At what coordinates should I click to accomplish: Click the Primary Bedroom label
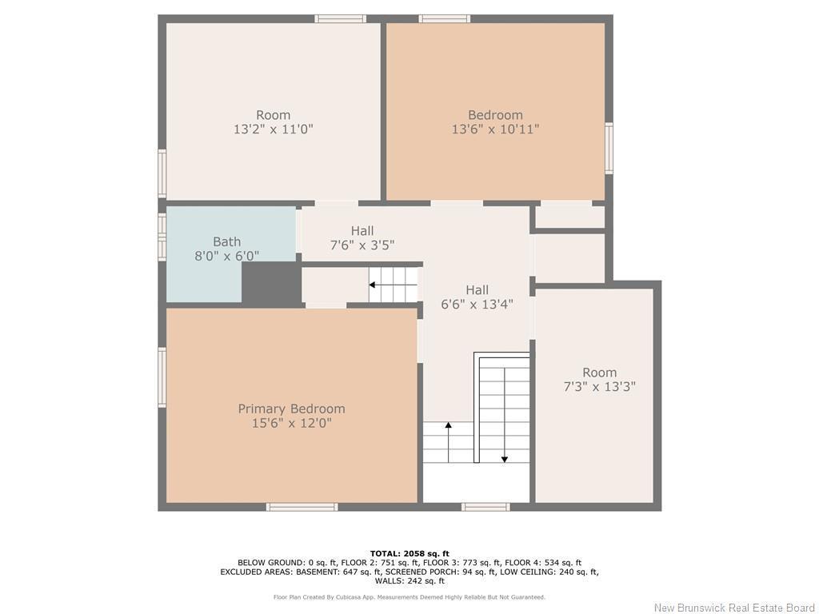tap(291, 409)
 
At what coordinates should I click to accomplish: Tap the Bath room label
tap(226, 241)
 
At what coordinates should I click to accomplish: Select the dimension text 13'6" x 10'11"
tap(495, 129)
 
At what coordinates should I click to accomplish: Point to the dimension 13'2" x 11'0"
tap(273, 129)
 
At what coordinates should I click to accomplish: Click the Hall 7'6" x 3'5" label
tap(362, 238)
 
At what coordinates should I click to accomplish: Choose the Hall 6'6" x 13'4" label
tap(477, 297)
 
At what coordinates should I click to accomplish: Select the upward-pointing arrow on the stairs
tap(448, 427)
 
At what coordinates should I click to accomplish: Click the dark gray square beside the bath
tap(271, 283)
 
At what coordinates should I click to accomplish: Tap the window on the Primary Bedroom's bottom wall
tap(302, 506)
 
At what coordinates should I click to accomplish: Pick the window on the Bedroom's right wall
tap(609, 148)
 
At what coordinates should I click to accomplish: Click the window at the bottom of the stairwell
tap(485, 506)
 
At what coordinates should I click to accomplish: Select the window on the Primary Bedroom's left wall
tap(162, 377)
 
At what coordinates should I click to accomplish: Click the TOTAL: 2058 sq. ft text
tap(409, 553)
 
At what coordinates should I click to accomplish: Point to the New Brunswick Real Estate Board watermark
tap(734, 608)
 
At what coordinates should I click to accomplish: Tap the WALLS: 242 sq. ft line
tap(409, 581)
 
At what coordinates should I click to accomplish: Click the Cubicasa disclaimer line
tap(409, 597)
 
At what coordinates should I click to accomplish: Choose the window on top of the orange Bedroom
tap(444, 18)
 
